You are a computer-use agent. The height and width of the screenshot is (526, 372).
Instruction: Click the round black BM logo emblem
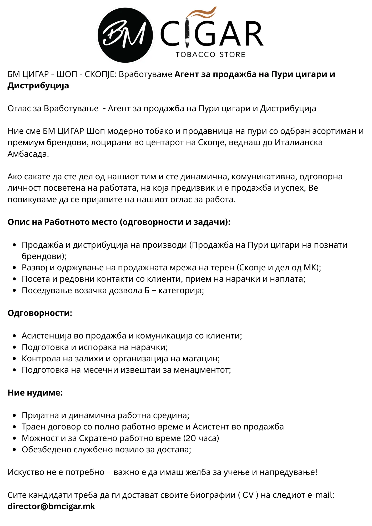click(125, 35)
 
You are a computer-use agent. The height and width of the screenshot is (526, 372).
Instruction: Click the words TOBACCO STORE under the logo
click(210, 54)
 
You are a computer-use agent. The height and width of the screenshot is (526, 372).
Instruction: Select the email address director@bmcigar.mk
click(51, 506)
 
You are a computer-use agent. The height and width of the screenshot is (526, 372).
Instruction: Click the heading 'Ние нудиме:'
click(35, 393)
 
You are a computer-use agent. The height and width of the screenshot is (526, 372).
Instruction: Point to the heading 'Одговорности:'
click(40, 313)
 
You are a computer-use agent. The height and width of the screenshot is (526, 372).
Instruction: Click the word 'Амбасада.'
click(28, 154)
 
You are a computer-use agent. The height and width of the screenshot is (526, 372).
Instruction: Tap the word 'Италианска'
click(299, 142)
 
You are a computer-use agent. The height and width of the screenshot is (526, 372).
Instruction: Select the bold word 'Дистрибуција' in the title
click(38, 86)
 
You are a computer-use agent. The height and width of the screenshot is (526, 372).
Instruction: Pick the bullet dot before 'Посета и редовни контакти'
click(14, 279)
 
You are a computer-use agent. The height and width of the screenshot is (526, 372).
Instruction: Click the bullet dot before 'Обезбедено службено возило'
click(14, 450)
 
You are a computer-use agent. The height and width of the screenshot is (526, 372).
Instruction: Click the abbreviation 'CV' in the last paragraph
click(248, 495)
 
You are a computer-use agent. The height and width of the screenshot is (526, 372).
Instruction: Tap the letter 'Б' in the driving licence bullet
click(147, 290)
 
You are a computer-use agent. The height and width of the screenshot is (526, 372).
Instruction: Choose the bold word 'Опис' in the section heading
click(17, 222)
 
